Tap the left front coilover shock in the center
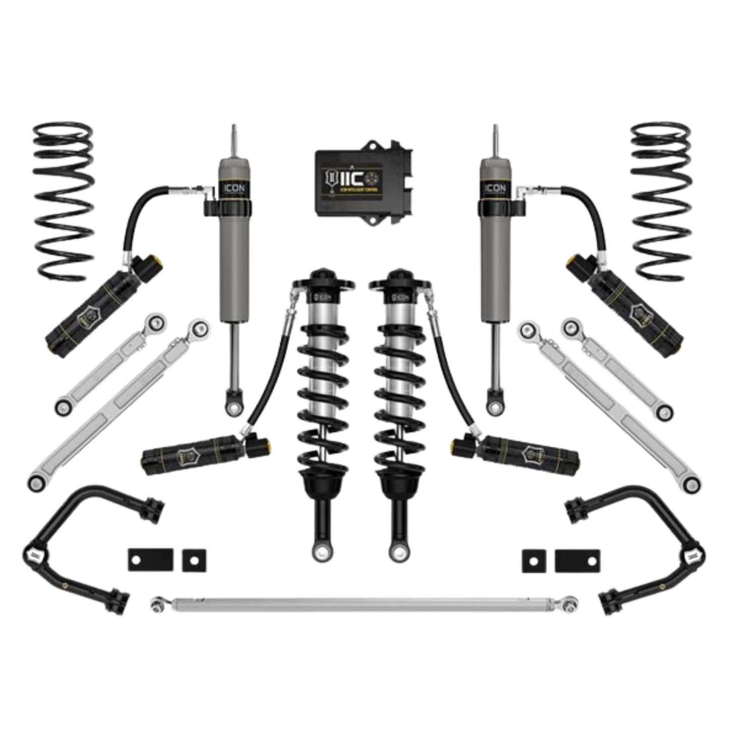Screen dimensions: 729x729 coord(321,383)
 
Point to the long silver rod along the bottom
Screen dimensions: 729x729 coord(363,603)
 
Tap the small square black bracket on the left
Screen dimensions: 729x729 coord(194,559)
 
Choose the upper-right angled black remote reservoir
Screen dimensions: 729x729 coord(626,303)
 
